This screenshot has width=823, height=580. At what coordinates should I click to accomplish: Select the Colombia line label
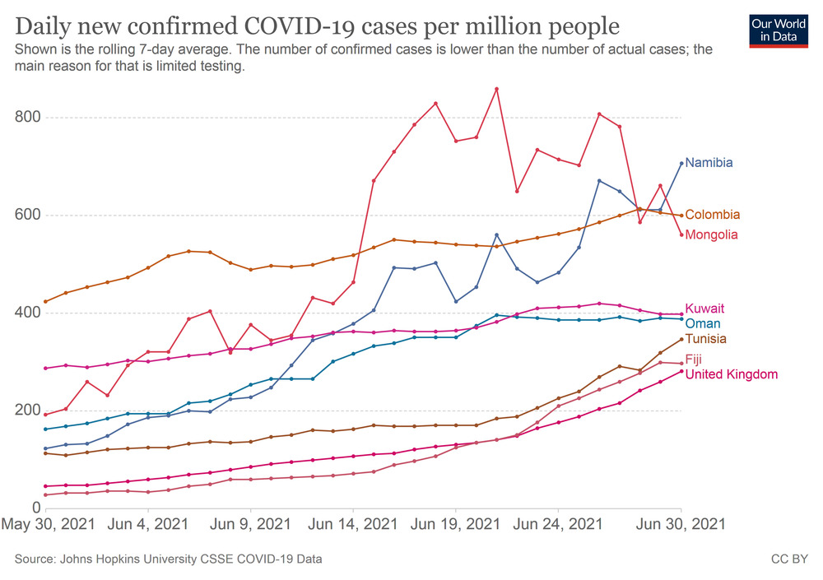click(712, 215)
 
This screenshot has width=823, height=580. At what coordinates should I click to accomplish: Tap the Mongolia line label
click(711, 234)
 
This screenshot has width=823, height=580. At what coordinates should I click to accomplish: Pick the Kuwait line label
click(704, 309)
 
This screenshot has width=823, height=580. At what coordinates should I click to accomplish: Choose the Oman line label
click(702, 323)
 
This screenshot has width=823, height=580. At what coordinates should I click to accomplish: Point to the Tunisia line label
click(705, 339)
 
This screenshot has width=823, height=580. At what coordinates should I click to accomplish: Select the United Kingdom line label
click(731, 374)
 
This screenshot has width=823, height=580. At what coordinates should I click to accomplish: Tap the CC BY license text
click(788, 559)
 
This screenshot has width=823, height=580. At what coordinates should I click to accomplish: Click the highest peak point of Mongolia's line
click(496, 89)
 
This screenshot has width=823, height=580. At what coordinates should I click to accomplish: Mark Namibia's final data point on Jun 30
click(681, 163)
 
